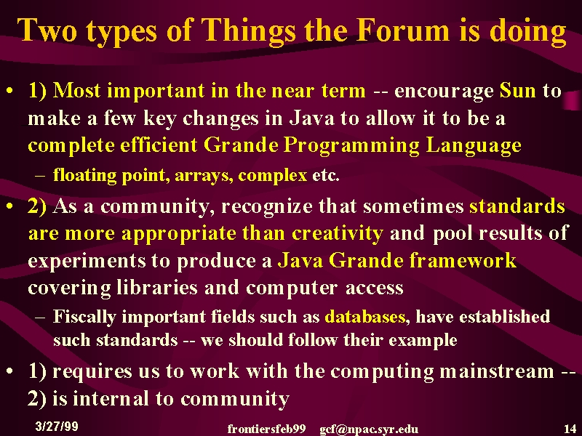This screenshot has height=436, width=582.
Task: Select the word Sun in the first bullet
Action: pos(518,90)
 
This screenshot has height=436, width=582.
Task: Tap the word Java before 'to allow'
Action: pos(312,118)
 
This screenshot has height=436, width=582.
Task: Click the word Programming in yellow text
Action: pos(351,146)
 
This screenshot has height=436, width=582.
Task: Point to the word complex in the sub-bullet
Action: pos(272,175)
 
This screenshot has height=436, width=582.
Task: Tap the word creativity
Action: pos(338,233)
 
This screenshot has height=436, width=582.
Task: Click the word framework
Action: pos(463,260)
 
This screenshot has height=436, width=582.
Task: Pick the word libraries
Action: pos(157,287)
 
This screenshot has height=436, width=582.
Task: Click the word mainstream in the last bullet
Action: pos(497,371)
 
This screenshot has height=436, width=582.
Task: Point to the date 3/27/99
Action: pos(57,426)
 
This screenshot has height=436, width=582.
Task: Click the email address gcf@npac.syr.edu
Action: pos(369,429)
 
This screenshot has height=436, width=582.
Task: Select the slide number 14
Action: pos(570,429)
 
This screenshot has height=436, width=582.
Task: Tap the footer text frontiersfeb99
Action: pos(266,429)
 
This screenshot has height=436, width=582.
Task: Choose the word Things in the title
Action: pos(249,31)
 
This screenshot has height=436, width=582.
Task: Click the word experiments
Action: pos(87,261)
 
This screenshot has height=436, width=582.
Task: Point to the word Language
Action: pos(474,146)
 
